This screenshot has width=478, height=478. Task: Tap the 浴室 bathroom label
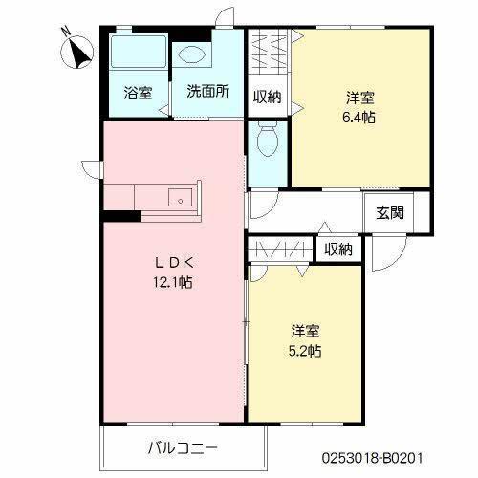pos(138,94)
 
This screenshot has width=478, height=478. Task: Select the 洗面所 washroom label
pos(206,94)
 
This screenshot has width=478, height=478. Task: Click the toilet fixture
pos(267,142)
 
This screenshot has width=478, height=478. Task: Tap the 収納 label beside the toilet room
pos(268,96)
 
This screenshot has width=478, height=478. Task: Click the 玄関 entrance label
pos(389,212)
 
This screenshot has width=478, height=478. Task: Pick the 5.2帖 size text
pos(306,351)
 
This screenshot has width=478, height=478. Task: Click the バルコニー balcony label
pos(183,447)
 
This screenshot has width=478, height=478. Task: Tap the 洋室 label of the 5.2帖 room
pos(306,331)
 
